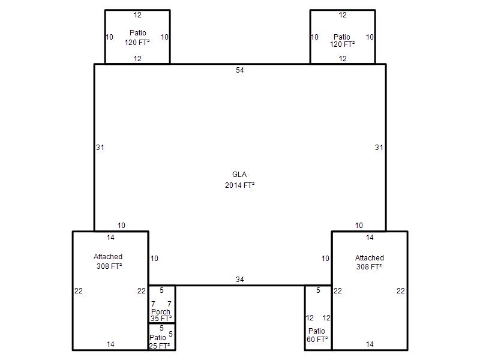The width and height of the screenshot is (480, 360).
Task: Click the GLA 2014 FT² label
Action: (x=239, y=179)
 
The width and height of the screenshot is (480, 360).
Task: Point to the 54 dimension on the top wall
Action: (x=239, y=70)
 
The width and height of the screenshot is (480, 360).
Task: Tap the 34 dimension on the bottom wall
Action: (x=239, y=280)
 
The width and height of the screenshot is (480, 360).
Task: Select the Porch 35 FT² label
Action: (x=161, y=315)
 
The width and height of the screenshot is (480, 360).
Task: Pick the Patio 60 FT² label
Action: (x=317, y=335)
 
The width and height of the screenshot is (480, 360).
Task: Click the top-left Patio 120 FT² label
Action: (x=137, y=38)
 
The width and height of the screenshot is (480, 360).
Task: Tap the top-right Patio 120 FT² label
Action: (x=342, y=41)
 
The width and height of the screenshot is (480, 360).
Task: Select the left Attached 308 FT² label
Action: (x=109, y=262)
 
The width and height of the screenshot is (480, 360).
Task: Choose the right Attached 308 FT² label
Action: (x=369, y=262)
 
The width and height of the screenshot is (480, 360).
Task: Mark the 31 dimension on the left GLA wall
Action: (x=100, y=148)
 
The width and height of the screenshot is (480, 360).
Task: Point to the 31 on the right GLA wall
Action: (x=379, y=148)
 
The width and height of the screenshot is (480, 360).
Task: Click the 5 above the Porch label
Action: (x=161, y=290)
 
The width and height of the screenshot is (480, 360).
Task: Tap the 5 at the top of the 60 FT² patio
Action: (x=318, y=290)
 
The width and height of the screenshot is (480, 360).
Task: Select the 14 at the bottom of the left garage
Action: (x=110, y=344)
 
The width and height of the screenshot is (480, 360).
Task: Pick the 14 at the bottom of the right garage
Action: (x=370, y=344)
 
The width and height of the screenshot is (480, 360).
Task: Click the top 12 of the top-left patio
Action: (x=137, y=15)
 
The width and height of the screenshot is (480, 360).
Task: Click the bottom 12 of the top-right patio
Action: (x=343, y=59)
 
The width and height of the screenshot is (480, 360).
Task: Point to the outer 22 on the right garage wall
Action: (x=401, y=291)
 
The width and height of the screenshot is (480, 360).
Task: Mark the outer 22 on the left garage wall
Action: (x=79, y=291)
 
